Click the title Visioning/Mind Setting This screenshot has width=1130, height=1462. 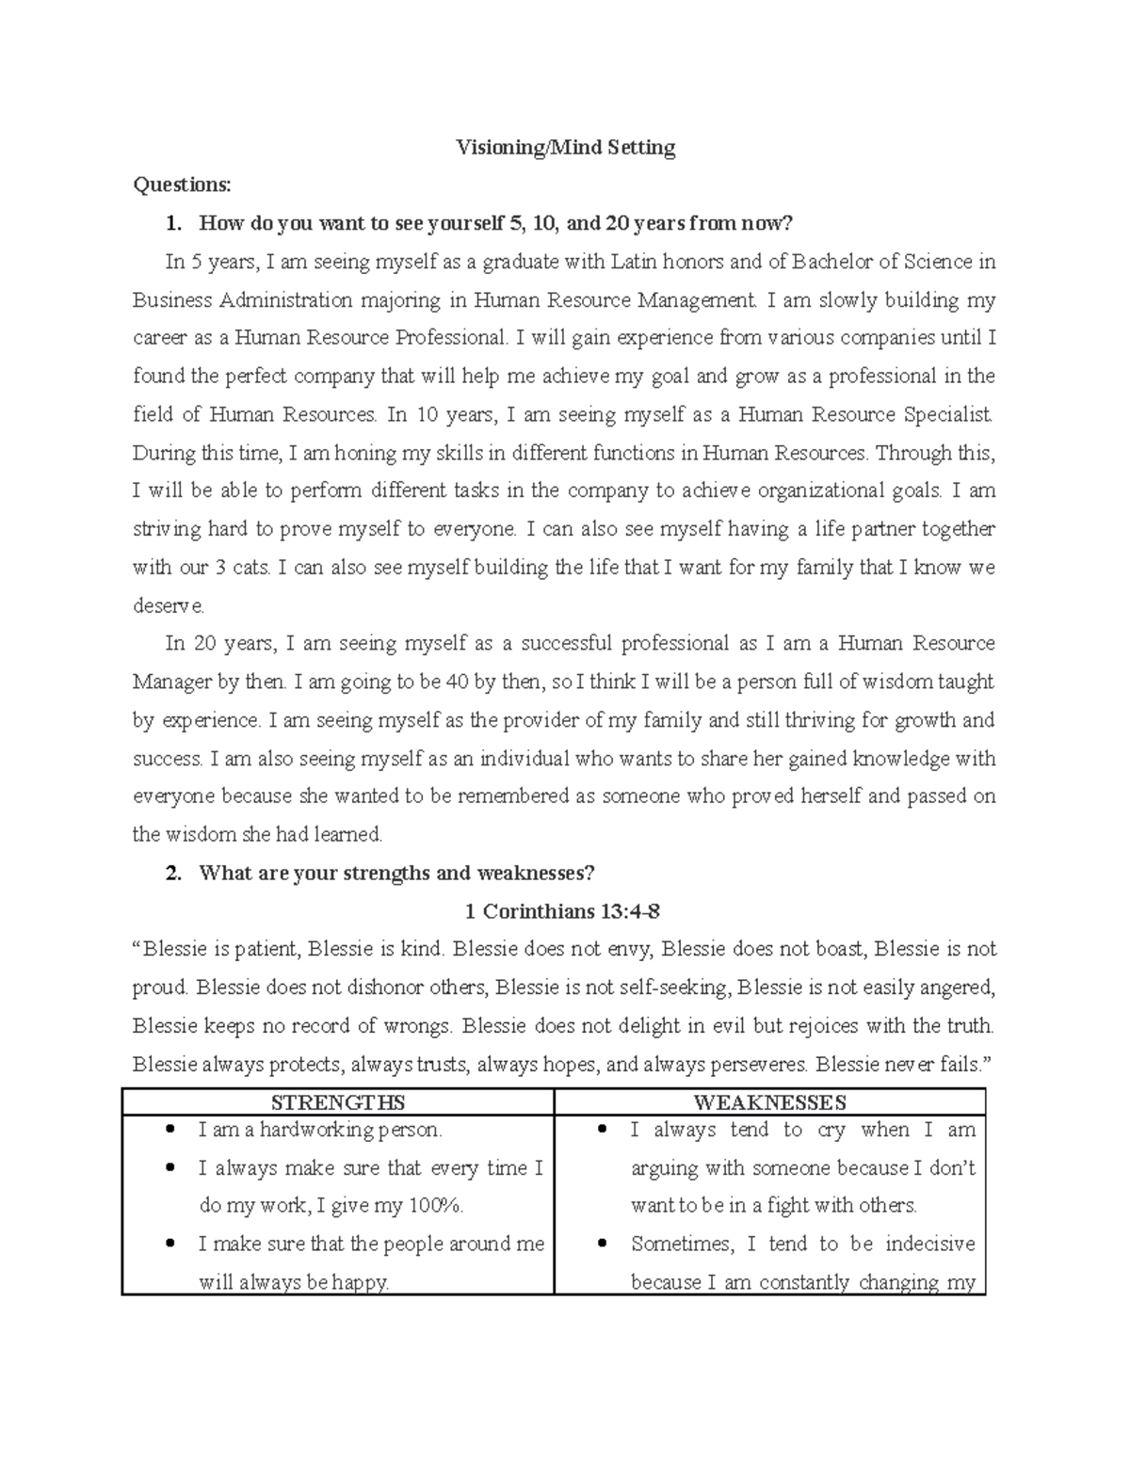coord(565,148)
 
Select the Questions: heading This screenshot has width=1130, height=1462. coord(181,185)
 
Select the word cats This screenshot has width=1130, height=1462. coord(250,568)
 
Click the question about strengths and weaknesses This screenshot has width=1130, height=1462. coord(396,873)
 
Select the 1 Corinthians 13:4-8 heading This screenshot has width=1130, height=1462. coord(565,911)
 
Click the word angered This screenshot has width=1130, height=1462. coord(957,988)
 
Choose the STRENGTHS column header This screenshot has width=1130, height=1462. coord(337,1102)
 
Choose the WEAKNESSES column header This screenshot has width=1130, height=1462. coord(769,1102)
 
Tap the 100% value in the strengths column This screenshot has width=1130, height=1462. coord(437,1206)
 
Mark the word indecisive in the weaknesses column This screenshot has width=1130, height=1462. coord(929,1245)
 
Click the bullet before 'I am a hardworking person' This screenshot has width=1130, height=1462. coord(169,1130)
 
